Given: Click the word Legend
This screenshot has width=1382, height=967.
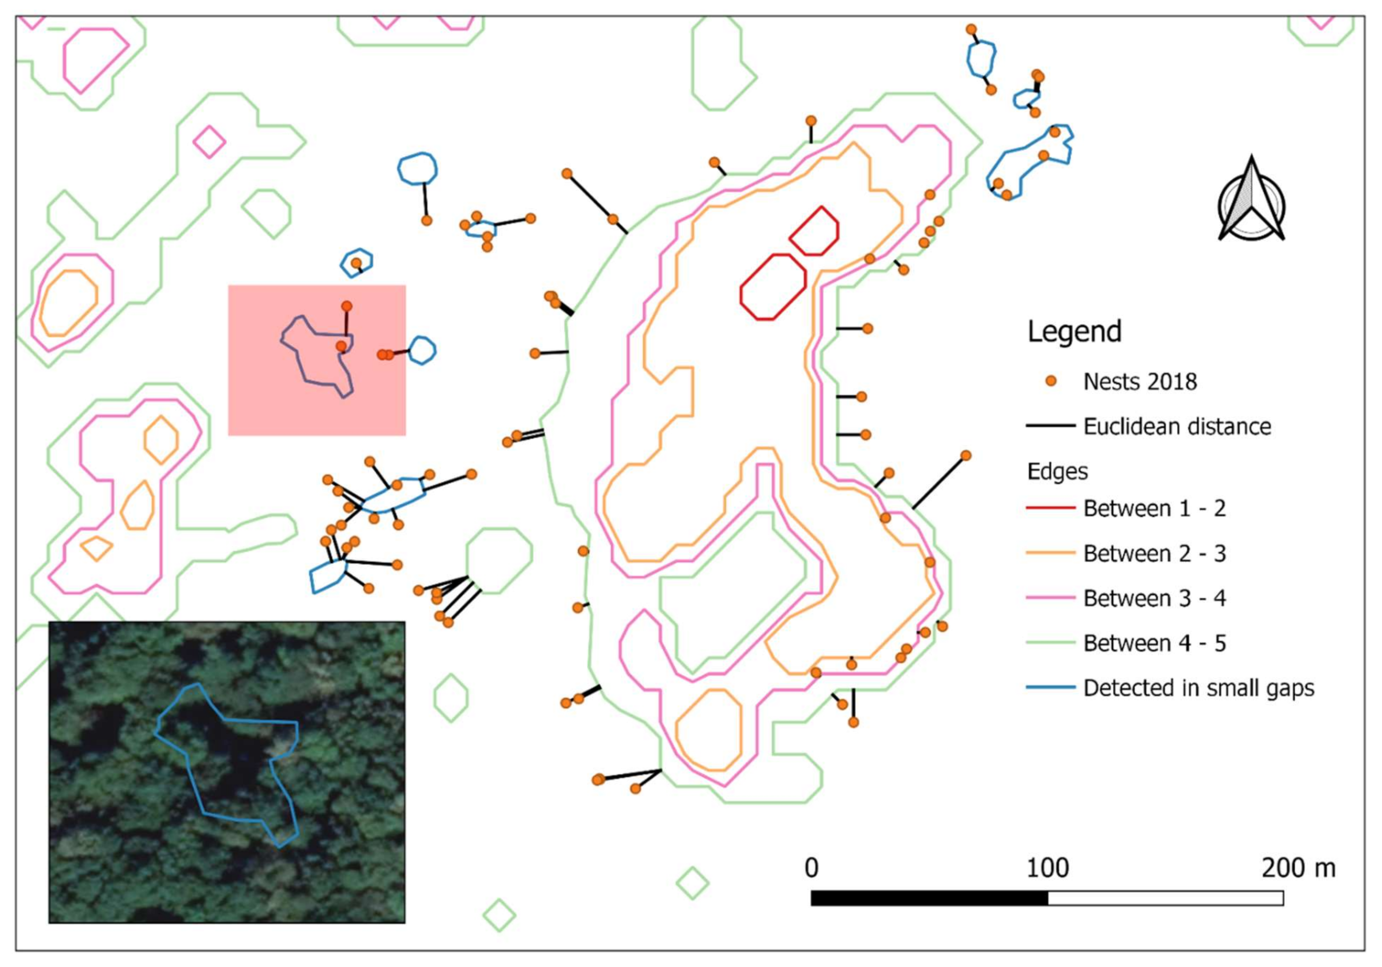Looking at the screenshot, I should point(1074,331).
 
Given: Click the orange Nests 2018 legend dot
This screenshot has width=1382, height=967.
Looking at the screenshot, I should point(1051,381).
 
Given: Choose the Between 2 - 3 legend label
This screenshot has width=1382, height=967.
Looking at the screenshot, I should point(1155,553).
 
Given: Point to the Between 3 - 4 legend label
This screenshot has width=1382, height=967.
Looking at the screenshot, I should point(1155,598).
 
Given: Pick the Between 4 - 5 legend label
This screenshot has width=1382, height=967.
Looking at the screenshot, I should point(1155,643).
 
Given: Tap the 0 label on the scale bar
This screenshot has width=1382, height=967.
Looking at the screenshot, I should point(811,868).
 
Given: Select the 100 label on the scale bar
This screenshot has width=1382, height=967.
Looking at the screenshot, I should point(1047,868).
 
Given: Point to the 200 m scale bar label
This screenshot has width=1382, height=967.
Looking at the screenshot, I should point(1299,868).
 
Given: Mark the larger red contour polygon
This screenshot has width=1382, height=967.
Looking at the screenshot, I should point(773,286).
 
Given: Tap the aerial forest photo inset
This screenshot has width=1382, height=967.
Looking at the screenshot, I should point(227,772).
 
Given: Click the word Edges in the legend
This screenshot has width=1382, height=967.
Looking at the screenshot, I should point(1057,471).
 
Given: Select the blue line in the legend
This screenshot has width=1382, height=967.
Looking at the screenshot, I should point(1050,687).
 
